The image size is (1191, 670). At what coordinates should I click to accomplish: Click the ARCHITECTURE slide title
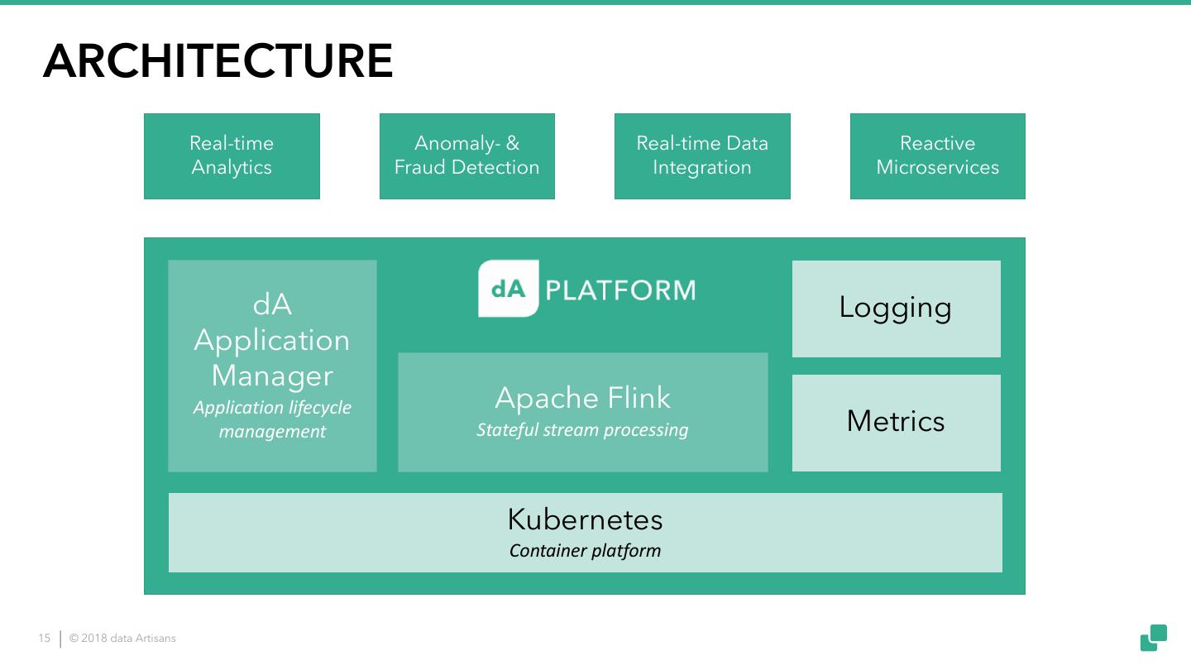click(x=218, y=61)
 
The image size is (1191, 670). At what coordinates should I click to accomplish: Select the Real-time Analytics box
click(x=232, y=156)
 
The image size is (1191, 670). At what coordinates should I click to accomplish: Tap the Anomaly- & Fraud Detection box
click(x=466, y=156)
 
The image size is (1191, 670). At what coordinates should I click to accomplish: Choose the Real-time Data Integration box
click(x=702, y=156)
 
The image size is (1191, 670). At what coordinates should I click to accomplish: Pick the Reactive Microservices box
click(x=937, y=156)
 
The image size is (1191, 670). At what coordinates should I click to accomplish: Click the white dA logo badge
click(x=508, y=289)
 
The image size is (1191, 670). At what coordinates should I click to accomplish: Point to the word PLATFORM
click(x=620, y=290)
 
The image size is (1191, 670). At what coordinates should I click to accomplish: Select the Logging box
click(x=896, y=309)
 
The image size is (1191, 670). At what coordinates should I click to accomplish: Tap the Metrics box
click(x=896, y=423)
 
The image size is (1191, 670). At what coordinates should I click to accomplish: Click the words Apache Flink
click(x=582, y=398)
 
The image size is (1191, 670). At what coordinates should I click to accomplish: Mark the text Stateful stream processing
click(x=582, y=430)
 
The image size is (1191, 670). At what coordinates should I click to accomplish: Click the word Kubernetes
click(x=585, y=519)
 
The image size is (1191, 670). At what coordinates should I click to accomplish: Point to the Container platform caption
click(x=585, y=551)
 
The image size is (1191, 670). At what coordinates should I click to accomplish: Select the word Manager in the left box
click(x=272, y=376)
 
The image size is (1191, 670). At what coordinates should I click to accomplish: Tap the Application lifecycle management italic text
click(x=272, y=419)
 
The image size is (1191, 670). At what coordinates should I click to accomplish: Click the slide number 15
click(x=45, y=639)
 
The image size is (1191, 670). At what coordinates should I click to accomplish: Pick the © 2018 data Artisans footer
click(x=122, y=639)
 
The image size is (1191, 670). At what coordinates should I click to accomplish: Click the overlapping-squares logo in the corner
click(x=1154, y=638)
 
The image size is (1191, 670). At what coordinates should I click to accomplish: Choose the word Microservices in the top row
click(x=937, y=168)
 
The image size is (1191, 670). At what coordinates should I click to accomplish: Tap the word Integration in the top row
click(x=702, y=168)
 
